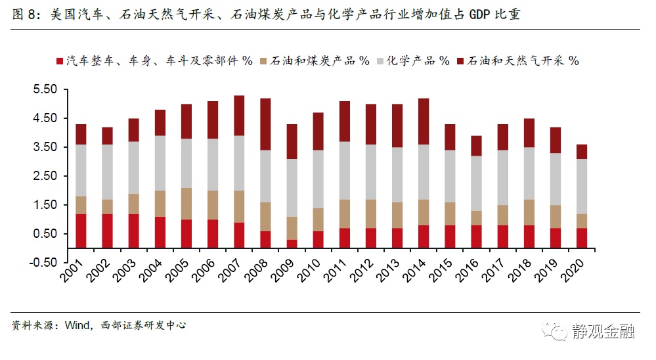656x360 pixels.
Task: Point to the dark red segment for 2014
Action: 424,122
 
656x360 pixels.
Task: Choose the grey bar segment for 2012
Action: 371,172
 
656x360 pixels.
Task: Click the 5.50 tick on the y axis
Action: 46,89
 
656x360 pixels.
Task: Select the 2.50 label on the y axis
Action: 46,176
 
